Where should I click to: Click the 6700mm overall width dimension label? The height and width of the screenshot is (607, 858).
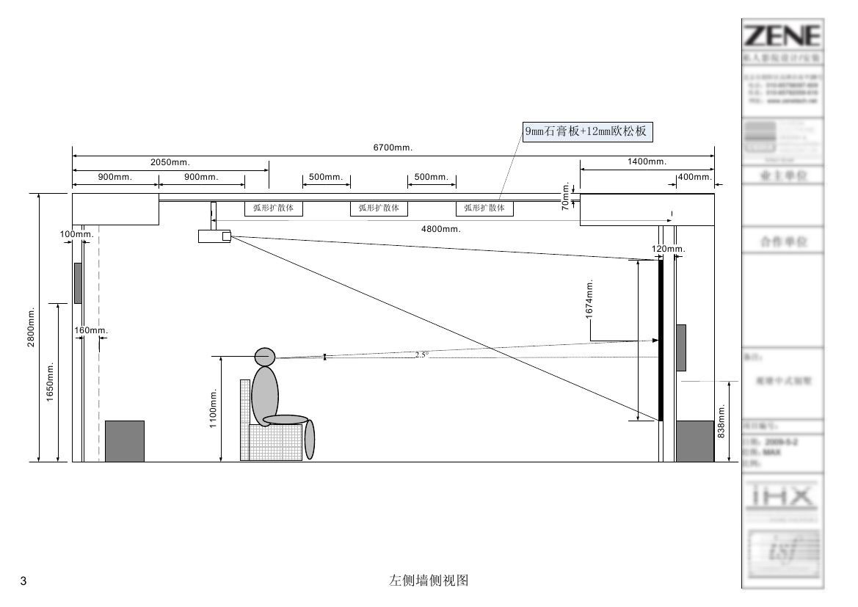click(393, 148)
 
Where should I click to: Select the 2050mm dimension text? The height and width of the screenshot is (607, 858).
click(170, 162)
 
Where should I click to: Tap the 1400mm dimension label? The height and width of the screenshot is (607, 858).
click(647, 161)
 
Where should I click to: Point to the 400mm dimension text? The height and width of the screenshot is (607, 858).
click(694, 177)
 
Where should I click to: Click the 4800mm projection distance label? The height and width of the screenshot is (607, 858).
click(440, 229)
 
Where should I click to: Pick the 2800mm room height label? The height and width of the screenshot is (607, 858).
click(32, 328)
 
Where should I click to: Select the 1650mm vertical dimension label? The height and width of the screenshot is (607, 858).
click(51, 382)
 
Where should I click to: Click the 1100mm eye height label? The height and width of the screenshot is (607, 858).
click(213, 409)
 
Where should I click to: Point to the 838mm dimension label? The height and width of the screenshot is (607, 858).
click(721, 421)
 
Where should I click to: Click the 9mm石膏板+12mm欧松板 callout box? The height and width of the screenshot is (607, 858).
click(586, 131)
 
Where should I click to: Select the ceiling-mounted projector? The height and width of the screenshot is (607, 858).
click(214, 236)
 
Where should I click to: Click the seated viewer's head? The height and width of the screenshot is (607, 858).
click(264, 357)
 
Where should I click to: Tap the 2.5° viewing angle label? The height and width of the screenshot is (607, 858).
click(421, 355)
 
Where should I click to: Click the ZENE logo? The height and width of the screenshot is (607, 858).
click(782, 35)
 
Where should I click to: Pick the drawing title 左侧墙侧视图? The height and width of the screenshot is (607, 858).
click(429, 581)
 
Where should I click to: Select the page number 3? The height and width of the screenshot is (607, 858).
click(23, 582)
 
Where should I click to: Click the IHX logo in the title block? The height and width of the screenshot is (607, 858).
click(782, 497)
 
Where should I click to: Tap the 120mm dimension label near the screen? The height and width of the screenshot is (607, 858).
click(668, 250)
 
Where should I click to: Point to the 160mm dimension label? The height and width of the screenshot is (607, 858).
click(91, 330)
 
